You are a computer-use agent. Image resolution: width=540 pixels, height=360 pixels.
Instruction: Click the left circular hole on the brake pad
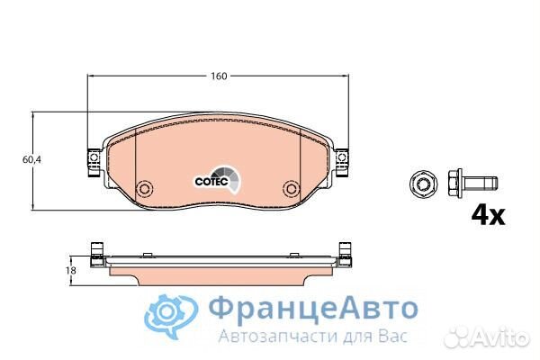coord(143,190)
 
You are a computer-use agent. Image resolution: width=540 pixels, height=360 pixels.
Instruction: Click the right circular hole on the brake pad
coord(290,190)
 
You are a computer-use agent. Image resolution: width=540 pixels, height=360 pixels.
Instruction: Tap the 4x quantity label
coord(488,215)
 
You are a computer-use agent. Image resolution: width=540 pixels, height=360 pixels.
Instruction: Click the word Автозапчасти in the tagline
coord(259,336)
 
